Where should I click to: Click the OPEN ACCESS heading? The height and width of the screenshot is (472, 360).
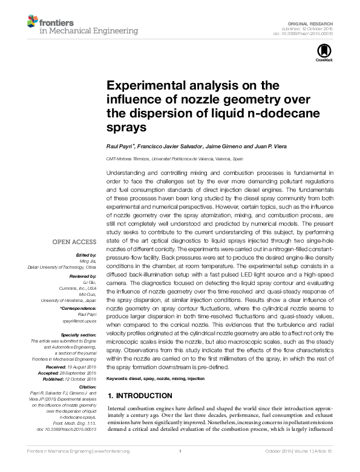(x=77, y=241)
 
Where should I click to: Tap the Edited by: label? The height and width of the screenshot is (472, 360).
(x=88, y=255)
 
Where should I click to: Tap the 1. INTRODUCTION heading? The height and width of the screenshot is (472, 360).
(x=140, y=395)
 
